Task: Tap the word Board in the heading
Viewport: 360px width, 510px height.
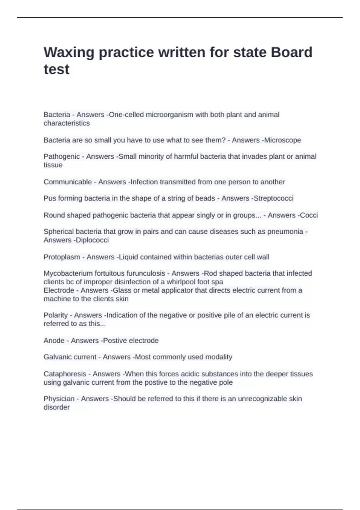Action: click(x=292, y=52)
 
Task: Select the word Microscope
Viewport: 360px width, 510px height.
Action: click(x=283, y=140)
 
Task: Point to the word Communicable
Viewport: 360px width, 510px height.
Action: click(x=67, y=182)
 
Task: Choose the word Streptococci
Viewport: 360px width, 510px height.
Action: click(x=274, y=198)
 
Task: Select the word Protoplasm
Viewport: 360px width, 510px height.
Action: click(x=62, y=257)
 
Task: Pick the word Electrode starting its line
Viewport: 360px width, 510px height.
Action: click(x=59, y=290)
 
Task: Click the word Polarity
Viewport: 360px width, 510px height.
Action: click(x=55, y=315)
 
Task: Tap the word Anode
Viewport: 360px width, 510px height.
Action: click(x=54, y=340)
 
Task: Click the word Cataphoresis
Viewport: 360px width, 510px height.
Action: click(x=65, y=374)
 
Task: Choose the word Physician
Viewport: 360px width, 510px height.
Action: click(x=59, y=399)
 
